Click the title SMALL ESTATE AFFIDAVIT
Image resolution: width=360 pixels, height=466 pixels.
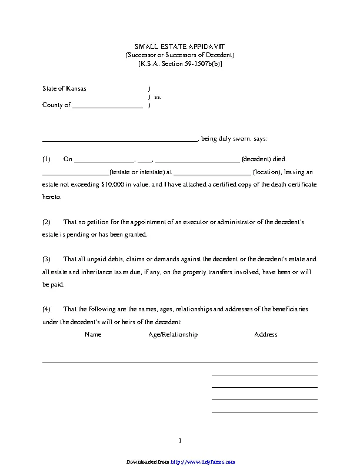(180, 46)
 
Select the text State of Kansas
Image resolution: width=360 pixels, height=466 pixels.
(64, 88)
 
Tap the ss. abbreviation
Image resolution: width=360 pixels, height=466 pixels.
(158, 97)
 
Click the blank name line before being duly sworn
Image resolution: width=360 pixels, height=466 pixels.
(120, 140)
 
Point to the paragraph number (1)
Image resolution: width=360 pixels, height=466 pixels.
(46, 159)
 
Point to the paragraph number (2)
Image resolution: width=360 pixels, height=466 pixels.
(46, 222)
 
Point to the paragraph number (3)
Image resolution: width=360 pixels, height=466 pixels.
(46, 259)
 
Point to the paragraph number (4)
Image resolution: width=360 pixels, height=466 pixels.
(46, 309)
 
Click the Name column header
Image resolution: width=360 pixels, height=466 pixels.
(93, 334)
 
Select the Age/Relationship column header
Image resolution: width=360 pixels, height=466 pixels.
(173, 334)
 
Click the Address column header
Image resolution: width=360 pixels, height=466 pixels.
(265, 334)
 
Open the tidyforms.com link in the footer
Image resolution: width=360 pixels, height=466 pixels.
(199, 461)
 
